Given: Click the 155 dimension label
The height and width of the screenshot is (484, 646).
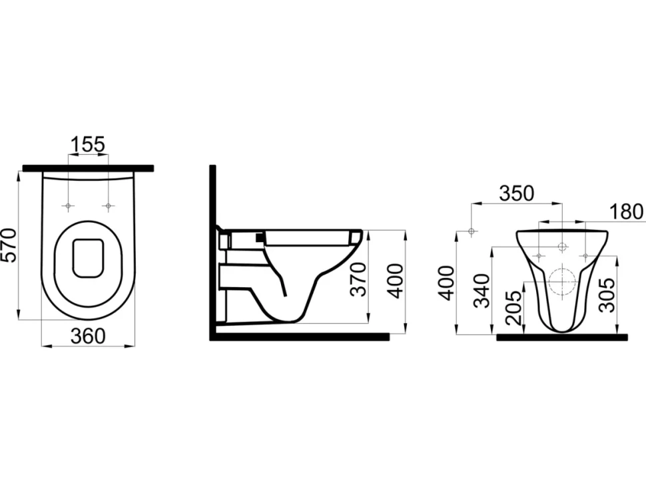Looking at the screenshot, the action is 88,144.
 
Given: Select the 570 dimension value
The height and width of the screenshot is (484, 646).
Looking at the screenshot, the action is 9,245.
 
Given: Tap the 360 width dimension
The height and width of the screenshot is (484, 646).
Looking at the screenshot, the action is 88,336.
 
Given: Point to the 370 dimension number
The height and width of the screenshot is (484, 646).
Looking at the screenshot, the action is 358,280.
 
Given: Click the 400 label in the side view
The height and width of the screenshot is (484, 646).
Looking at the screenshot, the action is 396,281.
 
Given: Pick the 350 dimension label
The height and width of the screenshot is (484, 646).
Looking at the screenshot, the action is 516,193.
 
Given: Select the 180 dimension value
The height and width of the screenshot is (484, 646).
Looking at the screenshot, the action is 626,212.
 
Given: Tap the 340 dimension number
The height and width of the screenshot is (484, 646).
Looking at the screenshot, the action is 482,291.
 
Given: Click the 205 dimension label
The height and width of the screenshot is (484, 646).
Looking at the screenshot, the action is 513,308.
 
